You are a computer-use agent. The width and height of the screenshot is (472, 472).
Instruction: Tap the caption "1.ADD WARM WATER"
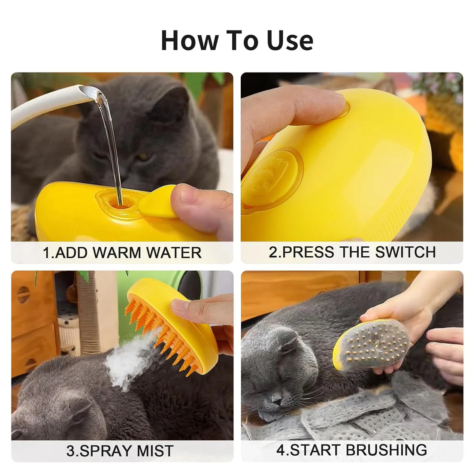tap(122, 252)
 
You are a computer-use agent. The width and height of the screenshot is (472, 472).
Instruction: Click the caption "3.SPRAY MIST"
tap(120, 451)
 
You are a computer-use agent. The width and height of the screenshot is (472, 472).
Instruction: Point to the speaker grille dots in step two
tap(388, 215)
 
